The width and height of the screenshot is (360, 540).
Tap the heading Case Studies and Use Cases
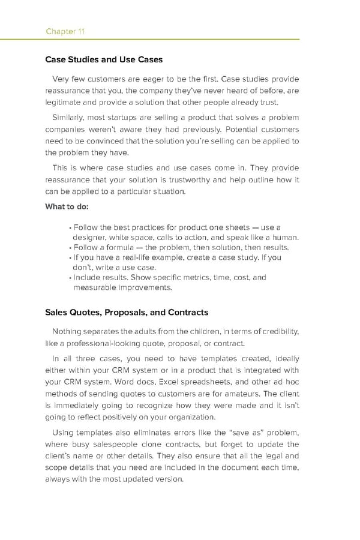click(x=103, y=59)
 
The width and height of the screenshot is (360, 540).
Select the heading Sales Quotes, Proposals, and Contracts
click(x=127, y=312)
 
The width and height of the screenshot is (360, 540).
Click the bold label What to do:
click(x=67, y=207)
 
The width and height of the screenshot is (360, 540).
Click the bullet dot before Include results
click(x=70, y=278)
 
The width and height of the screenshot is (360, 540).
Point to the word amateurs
click(x=239, y=394)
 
